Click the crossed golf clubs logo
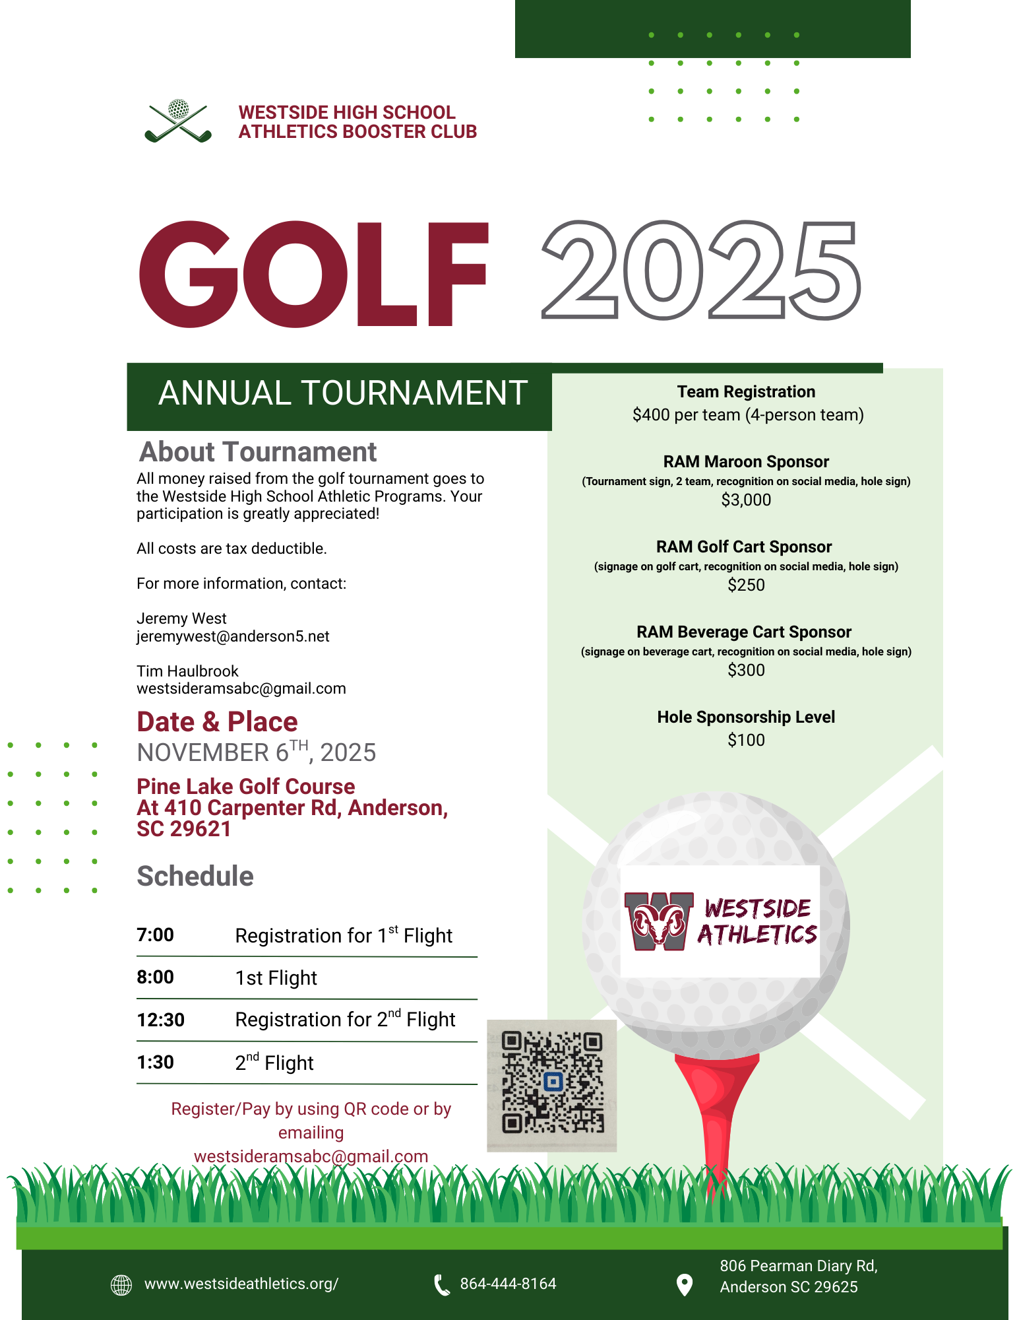(x=178, y=121)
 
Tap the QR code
(x=552, y=1082)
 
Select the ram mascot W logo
(x=659, y=921)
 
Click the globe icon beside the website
(x=121, y=1284)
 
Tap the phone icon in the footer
(x=441, y=1284)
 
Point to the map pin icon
(x=685, y=1284)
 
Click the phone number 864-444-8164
(x=508, y=1284)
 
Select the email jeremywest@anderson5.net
(x=233, y=636)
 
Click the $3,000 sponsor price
(x=746, y=500)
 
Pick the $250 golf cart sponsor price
(x=746, y=585)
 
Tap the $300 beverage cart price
(x=746, y=671)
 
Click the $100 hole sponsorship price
(x=746, y=741)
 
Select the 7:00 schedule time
(x=156, y=935)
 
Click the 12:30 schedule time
(x=161, y=1020)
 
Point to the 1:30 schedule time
(x=156, y=1063)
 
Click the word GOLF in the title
(x=313, y=274)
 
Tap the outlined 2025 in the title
(x=700, y=271)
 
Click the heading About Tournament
(x=258, y=452)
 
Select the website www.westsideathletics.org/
(x=241, y=1284)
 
